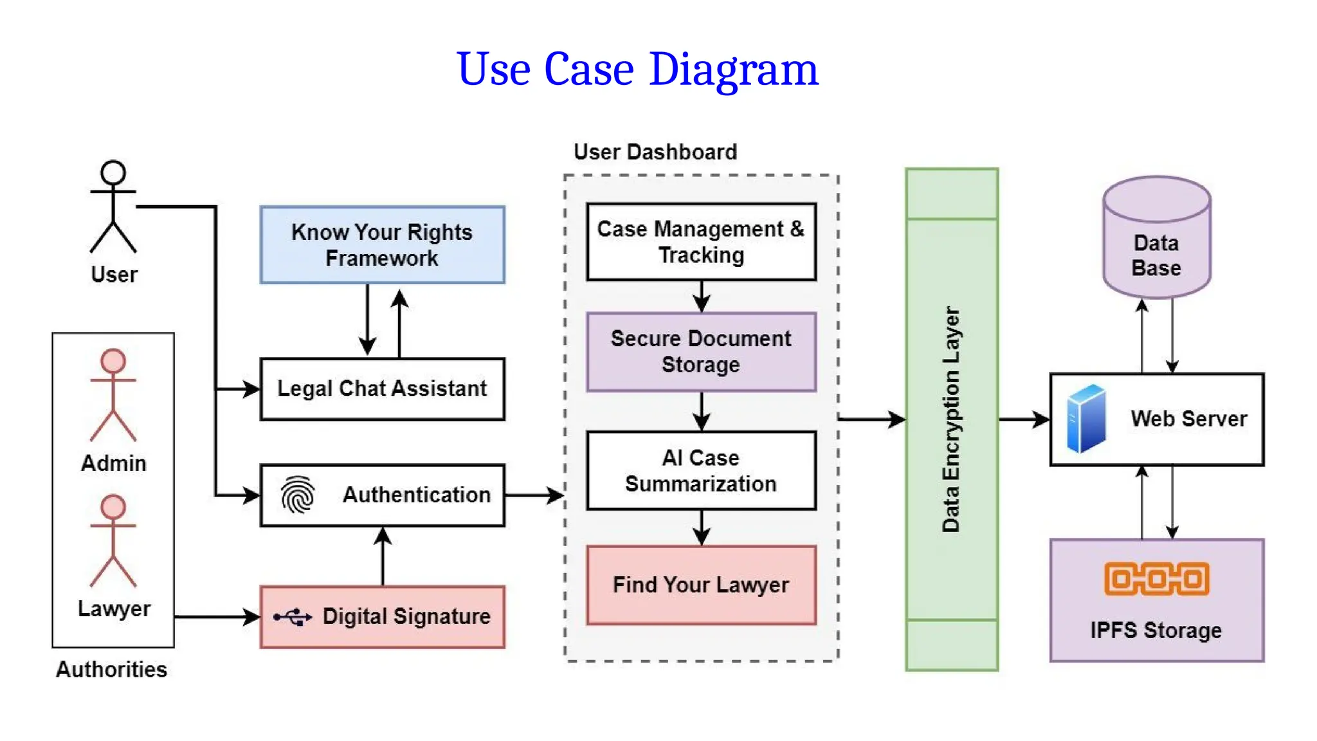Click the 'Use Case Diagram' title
pos(637,69)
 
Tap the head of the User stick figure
pos(113,172)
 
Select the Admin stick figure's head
pos(113,361)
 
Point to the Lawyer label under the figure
pos(114,608)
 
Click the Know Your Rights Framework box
pos(383,245)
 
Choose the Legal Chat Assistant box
pos(383,389)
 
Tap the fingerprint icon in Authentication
pos(298,495)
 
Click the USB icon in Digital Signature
pos(293,617)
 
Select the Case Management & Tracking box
pos(702,242)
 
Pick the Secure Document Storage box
pos(702,352)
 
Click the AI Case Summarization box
pos(702,471)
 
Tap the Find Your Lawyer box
pos(702,585)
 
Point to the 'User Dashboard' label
pos(655,152)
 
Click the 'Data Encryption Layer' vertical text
pos(951,419)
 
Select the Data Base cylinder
pos(1157,237)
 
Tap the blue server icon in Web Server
pos(1086,419)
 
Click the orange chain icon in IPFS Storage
pos(1157,579)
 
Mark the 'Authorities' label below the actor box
pos(111,670)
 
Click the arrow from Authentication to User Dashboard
pos(534,495)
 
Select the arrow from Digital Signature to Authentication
pos(383,556)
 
